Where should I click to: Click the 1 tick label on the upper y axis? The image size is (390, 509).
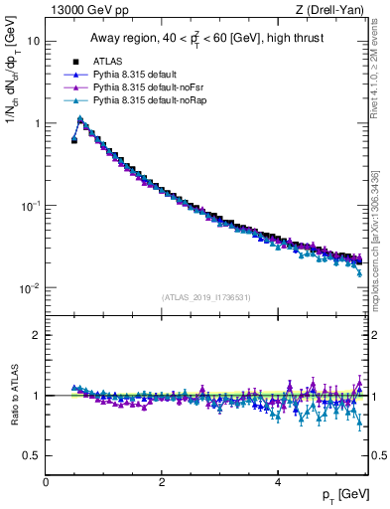[37, 124]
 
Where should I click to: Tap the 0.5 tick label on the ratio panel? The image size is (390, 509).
[33, 455]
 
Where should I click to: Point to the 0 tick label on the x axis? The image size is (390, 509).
[46, 482]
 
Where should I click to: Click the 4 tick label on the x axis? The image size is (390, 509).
[277, 482]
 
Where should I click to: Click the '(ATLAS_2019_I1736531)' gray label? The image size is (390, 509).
[206, 297]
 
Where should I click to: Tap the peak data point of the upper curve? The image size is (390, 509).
[80, 119]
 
